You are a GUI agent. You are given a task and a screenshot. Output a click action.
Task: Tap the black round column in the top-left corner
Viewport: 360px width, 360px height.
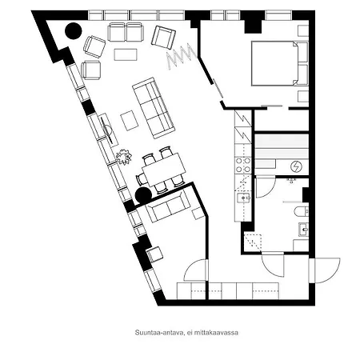point(73,31)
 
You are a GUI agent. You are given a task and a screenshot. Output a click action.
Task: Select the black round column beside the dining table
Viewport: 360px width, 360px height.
point(142,194)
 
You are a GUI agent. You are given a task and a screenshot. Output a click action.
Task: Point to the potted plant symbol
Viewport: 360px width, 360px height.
point(122,156)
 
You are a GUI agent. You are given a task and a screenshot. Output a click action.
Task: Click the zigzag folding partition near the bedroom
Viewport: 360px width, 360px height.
point(180,57)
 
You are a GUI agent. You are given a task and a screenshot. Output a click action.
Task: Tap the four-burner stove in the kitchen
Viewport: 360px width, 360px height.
point(242,166)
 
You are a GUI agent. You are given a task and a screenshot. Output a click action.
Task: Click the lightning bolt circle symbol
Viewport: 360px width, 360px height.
point(297,166)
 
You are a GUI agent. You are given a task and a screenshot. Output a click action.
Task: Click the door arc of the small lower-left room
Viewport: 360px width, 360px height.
point(194,270)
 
